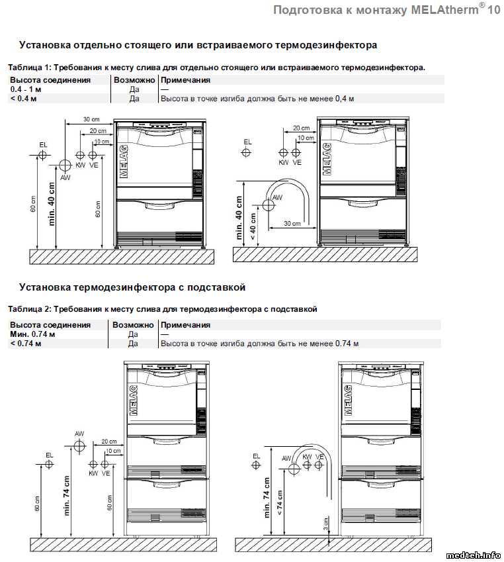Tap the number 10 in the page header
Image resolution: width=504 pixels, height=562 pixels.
click(x=493, y=11)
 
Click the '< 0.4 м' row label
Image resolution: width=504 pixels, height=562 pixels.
click(x=23, y=99)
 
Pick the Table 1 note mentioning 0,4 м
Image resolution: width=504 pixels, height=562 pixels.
click(x=257, y=99)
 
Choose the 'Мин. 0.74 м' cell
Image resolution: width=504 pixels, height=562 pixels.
click(x=32, y=334)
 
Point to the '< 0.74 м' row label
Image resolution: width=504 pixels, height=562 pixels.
click(x=25, y=344)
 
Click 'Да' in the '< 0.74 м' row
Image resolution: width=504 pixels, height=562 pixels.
click(x=132, y=344)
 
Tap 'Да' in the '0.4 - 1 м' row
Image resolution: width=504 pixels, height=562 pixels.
click(x=134, y=89)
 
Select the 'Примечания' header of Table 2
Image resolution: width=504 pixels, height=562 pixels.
click(x=186, y=325)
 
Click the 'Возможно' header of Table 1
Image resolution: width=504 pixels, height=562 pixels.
click(x=134, y=80)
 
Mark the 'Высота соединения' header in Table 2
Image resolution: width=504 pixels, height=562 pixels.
click(x=50, y=325)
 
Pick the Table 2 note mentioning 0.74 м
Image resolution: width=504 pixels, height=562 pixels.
click(x=259, y=344)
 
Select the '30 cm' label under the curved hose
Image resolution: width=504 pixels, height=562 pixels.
click(x=292, y=224)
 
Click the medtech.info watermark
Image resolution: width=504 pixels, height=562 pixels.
click(x=474, y=555)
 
